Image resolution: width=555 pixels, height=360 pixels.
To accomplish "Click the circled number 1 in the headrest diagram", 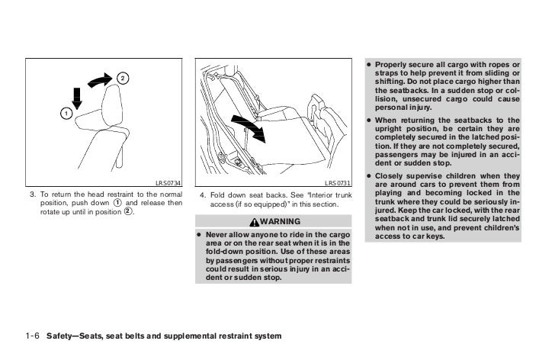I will [x=65, y=113].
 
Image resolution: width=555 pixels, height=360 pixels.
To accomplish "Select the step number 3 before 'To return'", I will [x=33, y=196].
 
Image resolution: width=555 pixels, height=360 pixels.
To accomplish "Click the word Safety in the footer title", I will [x=61, y=336].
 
